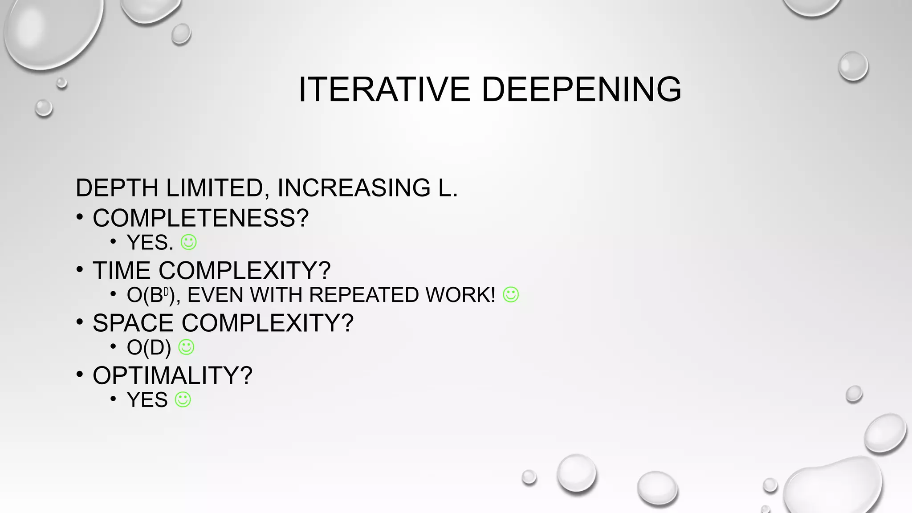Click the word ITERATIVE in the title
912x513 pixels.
(384, 90)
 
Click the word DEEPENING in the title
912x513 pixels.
(581, 90)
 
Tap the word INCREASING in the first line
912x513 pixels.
(354, 187)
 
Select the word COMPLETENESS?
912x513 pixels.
(200, 218)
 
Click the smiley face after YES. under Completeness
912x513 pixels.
(188, 242)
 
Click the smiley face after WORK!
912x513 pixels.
(511, 294)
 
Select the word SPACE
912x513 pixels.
(133, 323)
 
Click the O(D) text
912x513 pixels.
(149, 347)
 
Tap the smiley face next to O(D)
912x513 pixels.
(186, 347)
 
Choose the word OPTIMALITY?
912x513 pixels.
(172, 375)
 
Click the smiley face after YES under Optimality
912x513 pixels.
(183, 399)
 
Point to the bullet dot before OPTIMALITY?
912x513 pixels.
(80, 374)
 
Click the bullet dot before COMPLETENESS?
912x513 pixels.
(80, 217)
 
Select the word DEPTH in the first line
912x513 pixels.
(117, 187)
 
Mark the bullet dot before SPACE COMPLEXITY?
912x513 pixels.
(80, 322)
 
